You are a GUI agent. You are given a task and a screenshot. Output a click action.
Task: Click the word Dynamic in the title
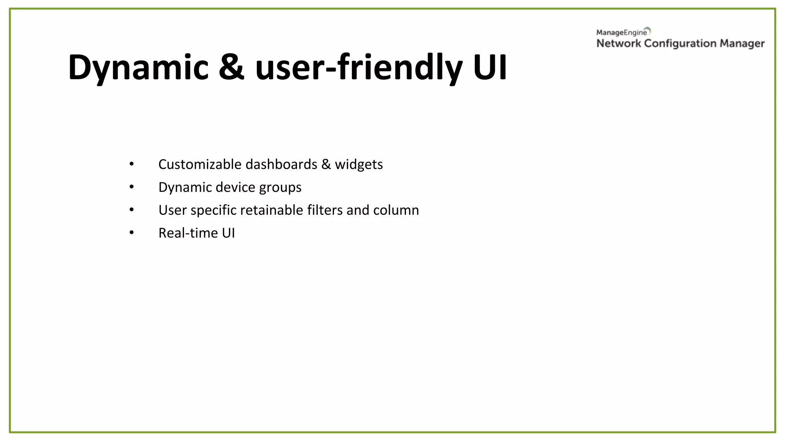138,68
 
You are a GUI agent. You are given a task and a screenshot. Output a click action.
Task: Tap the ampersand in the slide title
232,68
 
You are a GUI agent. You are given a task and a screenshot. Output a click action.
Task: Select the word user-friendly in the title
358,68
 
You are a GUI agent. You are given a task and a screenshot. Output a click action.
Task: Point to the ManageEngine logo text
621,33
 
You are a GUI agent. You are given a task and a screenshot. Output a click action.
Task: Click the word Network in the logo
618,44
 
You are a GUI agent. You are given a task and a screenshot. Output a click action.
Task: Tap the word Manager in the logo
742,44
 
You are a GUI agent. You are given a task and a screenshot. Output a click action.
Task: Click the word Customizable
200,164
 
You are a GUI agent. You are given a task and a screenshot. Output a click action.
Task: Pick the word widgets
359,165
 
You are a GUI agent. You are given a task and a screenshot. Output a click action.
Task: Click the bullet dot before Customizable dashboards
131,164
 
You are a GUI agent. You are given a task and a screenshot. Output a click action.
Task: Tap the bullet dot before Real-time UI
131,232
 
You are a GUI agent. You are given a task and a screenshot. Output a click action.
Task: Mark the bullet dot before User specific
131,209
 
